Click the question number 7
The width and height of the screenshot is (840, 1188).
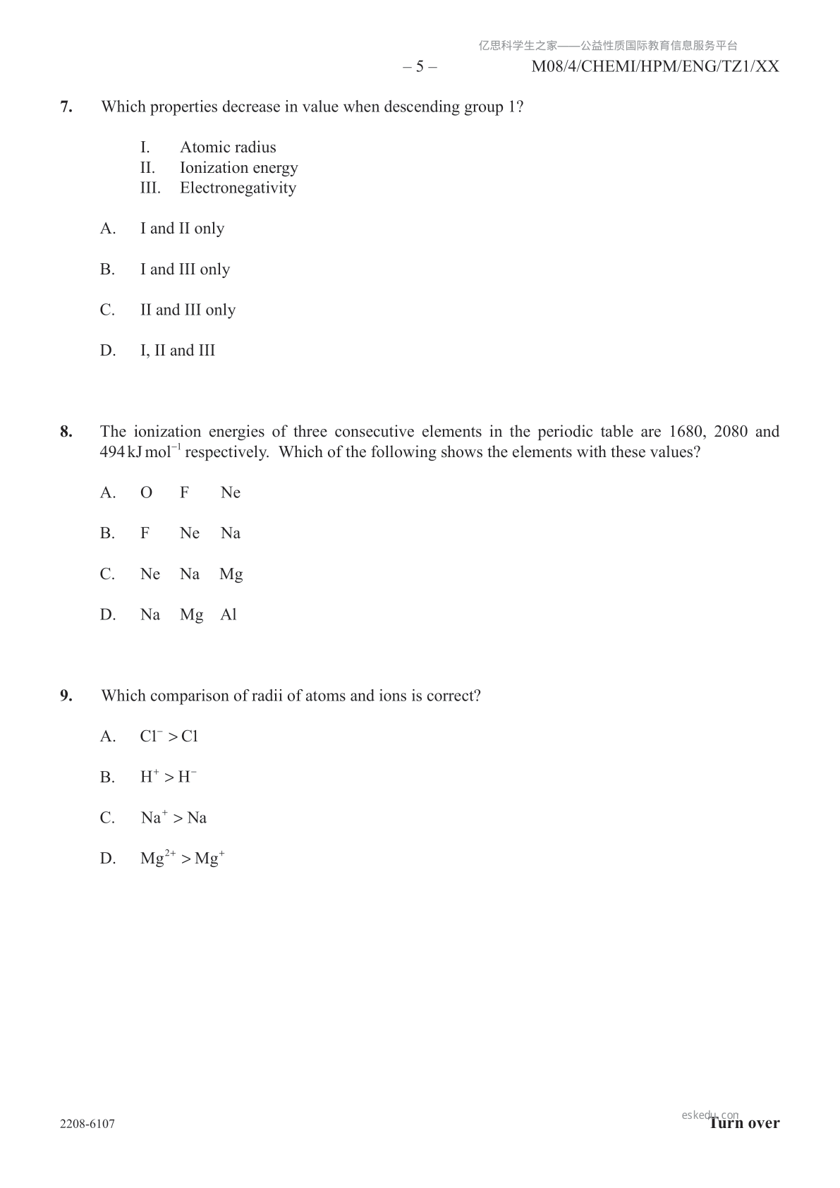[66, 107]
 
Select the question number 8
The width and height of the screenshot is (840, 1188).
[66, 432]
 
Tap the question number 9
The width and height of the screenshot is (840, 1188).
[66, 696]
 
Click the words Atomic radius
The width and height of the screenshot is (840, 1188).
[228, 147]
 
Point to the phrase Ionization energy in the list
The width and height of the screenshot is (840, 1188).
[238, 168]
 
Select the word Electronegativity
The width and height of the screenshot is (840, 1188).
[238, 188]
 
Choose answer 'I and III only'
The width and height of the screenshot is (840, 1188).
[185, 269]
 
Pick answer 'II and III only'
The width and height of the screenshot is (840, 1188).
[188, 310]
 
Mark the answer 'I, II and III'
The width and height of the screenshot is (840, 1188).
[178, 351]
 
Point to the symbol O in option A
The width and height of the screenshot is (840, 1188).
[146, 493]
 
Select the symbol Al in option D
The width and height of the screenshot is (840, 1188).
[228, 615]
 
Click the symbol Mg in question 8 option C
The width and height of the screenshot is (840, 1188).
[231, 575]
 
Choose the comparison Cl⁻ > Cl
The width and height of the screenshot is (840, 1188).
[169, 737]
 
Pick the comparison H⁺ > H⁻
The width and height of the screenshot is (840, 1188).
[169, 777]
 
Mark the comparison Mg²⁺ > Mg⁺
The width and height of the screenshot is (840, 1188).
[183, 859]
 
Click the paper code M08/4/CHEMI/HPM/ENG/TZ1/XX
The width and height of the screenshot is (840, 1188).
[655, 67]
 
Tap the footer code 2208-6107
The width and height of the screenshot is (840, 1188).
[87, 1124]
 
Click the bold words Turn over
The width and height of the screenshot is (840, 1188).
[745, 1123]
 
